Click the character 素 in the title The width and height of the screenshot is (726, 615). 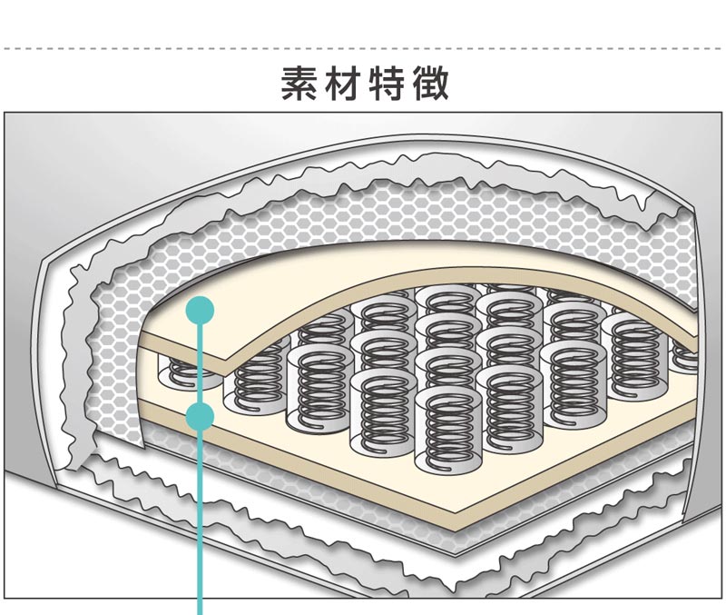(x=299, y=84)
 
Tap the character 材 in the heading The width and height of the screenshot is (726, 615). (x=344, y=84)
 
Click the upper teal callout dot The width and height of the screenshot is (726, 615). (x=200, y=310)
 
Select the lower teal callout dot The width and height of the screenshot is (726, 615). (x=200, y=417)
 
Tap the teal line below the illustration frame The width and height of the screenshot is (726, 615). (x=200, y=606)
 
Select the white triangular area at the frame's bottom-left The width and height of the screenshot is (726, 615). (x=54, y=554)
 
